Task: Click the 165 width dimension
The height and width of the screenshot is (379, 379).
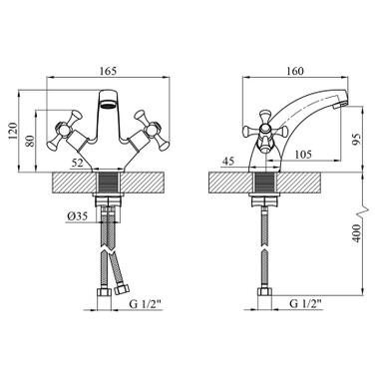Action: [109, 71]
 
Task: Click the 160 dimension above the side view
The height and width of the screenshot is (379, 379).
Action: [295, 71]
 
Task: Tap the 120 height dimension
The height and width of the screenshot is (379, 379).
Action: [12, 131]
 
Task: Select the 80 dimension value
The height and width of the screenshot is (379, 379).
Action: [30, 141]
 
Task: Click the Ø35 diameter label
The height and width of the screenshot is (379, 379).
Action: [77, 216]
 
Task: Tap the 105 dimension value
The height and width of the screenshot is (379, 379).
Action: [303, 155]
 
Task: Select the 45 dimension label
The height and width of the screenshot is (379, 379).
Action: [228, 162]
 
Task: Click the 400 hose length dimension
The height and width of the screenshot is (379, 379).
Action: [356, 233]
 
